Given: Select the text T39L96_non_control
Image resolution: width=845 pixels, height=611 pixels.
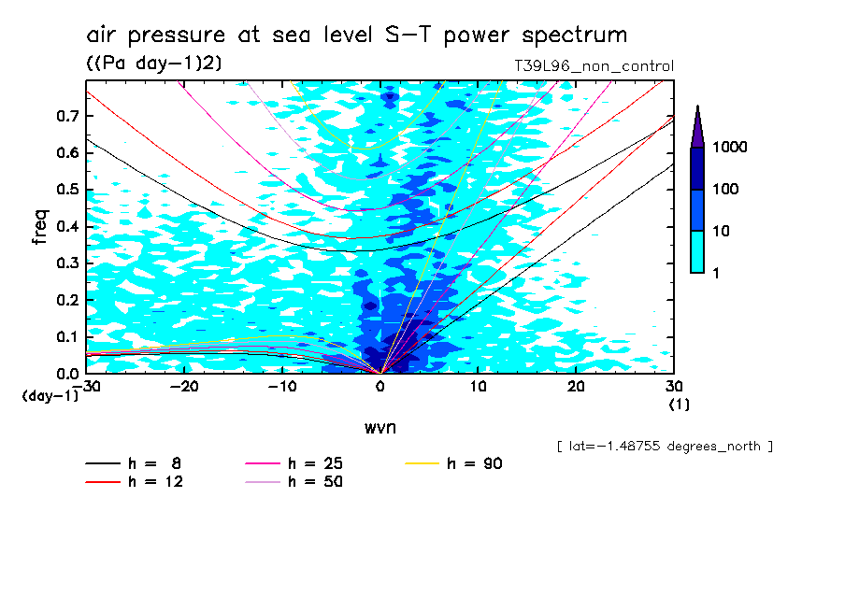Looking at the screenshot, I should (594, 66).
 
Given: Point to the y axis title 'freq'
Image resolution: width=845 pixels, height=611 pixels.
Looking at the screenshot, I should (41, 227).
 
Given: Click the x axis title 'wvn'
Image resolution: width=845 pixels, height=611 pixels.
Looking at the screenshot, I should (380, 428).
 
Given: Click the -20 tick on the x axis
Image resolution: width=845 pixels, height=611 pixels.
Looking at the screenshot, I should (184, 387).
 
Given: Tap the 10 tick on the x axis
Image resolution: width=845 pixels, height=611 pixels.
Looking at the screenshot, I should (478, 387).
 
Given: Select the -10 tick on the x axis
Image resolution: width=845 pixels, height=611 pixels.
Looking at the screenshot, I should (281, 387).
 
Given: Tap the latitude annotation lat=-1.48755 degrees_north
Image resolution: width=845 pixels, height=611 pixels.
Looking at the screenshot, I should (664, 447).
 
